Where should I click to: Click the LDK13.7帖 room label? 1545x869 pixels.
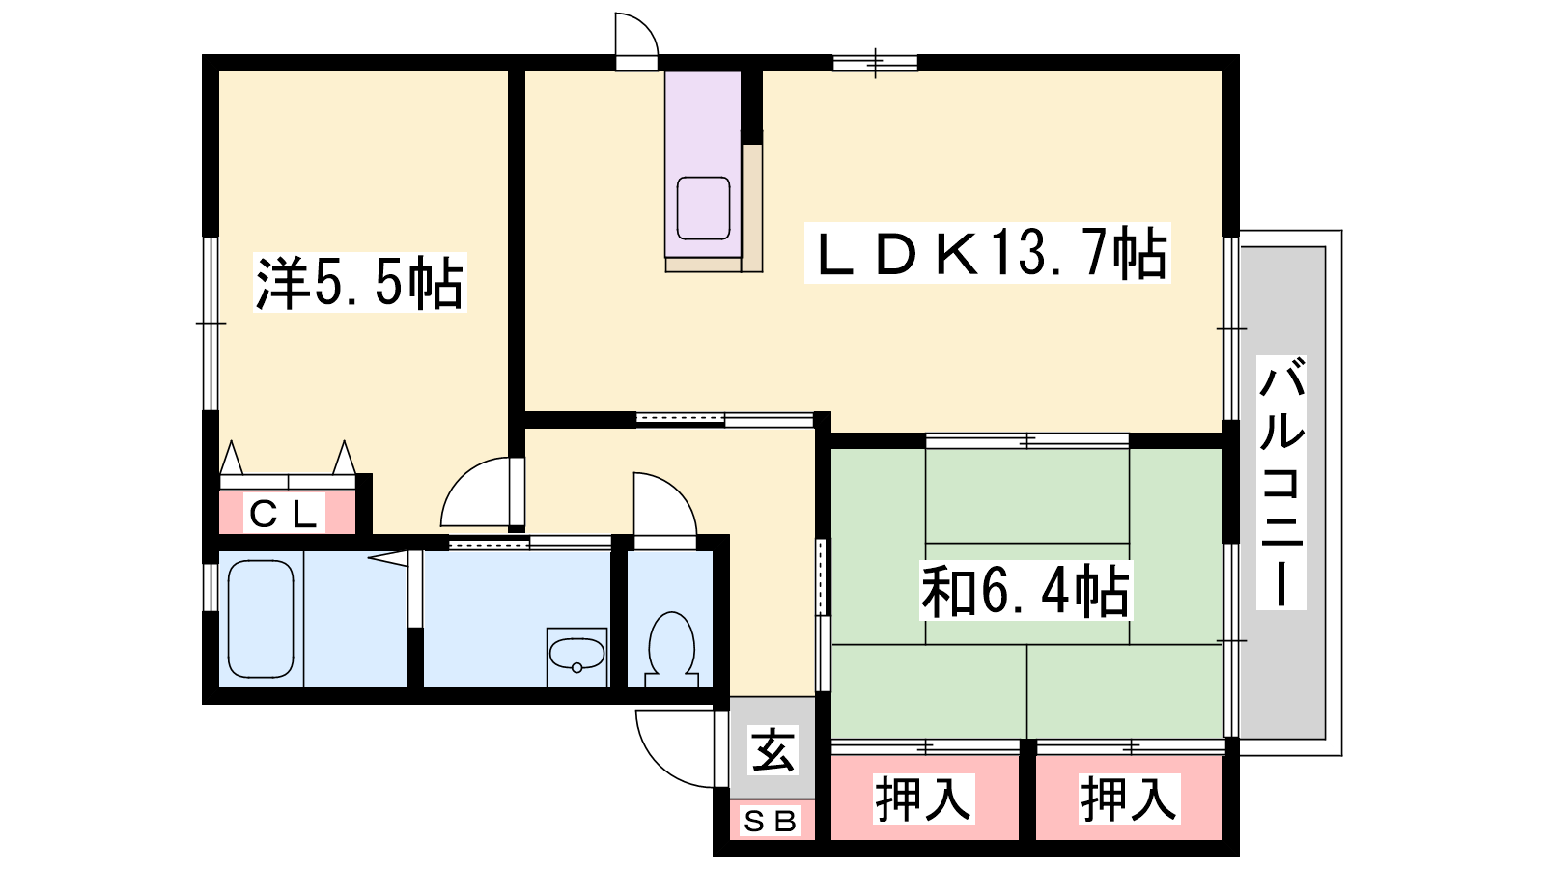(x=987, y=253)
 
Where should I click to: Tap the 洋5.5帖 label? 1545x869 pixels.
(x=359, y=283)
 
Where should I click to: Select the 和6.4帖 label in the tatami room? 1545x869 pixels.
(x=1026, y=591)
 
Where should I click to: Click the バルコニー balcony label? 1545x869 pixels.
(x=1281, y=483)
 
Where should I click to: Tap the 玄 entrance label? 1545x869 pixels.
(x=772, y=750)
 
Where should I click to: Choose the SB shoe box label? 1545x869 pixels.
(x=771, y=822)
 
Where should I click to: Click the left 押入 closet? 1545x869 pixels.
(x=924, y=799)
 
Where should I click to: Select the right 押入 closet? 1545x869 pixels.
(x=1129, y=799)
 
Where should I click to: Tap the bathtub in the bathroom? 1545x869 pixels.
(x=261, y=619)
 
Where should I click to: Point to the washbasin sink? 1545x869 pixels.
(x=576, y=657)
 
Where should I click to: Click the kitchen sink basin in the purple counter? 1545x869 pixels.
(x=704, y=209)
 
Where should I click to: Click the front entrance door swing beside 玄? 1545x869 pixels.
(x=680, y=749)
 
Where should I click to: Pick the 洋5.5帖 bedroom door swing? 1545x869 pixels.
(x=482, y=492)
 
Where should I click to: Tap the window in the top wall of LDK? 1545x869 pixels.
(x=875, y=64)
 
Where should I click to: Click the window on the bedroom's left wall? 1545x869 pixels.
(x=211, y=324)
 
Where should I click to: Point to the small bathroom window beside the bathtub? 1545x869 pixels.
(x=210, y=588)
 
